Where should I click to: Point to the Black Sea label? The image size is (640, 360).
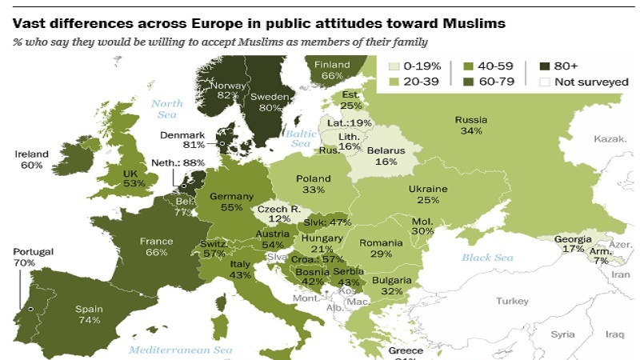(x=488, y=257)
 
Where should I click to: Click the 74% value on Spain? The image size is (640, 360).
(x=89, y=320)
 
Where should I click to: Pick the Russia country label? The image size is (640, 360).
(x=470, y=120)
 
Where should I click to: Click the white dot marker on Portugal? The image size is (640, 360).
(x=30, y=308)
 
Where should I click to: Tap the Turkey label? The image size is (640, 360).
(x=512, y=302)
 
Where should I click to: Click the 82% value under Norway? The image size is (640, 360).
(x=228, y=95)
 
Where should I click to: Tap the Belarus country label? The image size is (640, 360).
(x=386, y=150)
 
